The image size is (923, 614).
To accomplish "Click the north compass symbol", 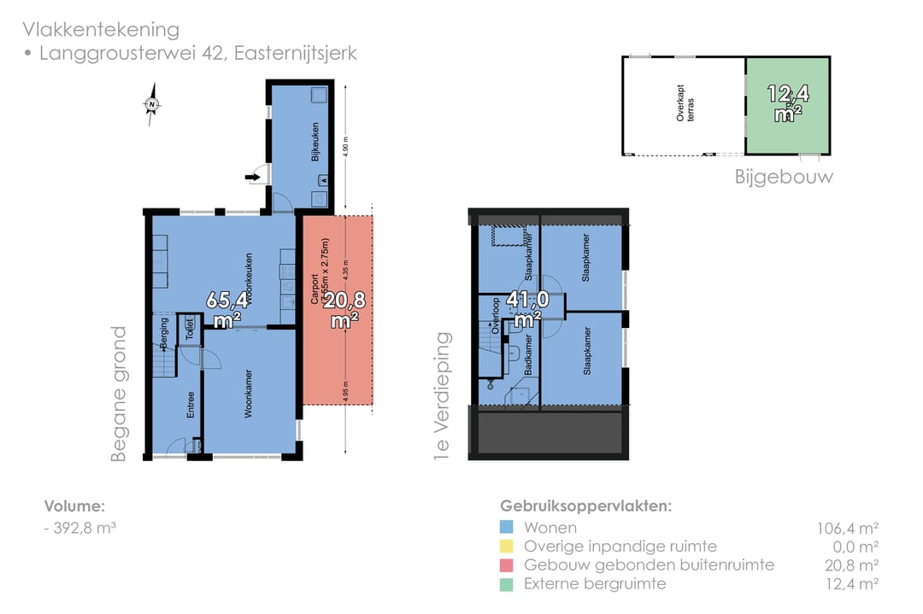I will click(x=152, y=105).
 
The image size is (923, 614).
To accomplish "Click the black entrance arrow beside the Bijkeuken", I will click(x=254, y=177).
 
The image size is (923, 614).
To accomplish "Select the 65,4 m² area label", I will click(x=227, y=308).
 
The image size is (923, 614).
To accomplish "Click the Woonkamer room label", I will click(x=248, y=394).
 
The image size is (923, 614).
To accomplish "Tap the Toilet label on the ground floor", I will click(x=190, y=330).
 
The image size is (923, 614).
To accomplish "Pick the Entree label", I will click(x=191, y=405).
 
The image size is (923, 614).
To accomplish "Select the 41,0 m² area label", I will click(x=527, y=308).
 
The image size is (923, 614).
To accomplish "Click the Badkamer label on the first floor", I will click(x=528, y=355).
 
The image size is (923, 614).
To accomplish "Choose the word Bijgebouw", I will click(x=784, y=177).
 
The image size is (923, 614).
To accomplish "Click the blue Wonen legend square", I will click(x=507, y=527).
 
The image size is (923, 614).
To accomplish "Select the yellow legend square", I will click(x=507, y=546).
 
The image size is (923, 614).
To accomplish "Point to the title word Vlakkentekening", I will click(x=101, y=30).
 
